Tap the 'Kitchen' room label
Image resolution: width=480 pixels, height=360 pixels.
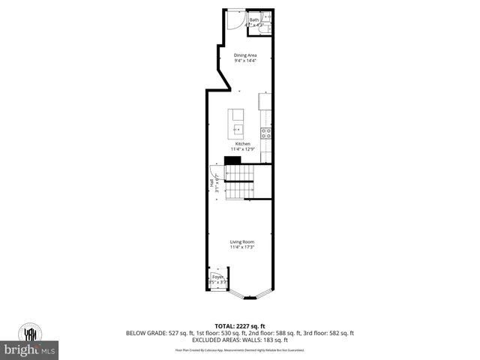[x=242, y=143]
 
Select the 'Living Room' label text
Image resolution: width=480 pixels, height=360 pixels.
[x=242, y=241]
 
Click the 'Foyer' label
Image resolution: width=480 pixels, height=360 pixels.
[x=217, y=276]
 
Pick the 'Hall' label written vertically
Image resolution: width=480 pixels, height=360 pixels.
[x=211, y=182]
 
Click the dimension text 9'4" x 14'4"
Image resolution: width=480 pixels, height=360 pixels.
[x=245, y=61]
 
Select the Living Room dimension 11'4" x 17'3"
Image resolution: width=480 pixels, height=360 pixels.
[x=242, y=247]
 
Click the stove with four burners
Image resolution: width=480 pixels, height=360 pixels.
[x=265, y=134]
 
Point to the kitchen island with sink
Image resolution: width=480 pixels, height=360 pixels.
[x=237, y=118]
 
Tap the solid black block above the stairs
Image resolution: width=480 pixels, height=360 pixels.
[x=233, y=160]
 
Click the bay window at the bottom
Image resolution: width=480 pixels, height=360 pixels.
[x=249, y=294]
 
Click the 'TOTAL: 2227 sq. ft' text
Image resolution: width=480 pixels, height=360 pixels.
[x=240, y=326]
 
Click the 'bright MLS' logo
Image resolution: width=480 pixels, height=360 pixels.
[x=31, y=350]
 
